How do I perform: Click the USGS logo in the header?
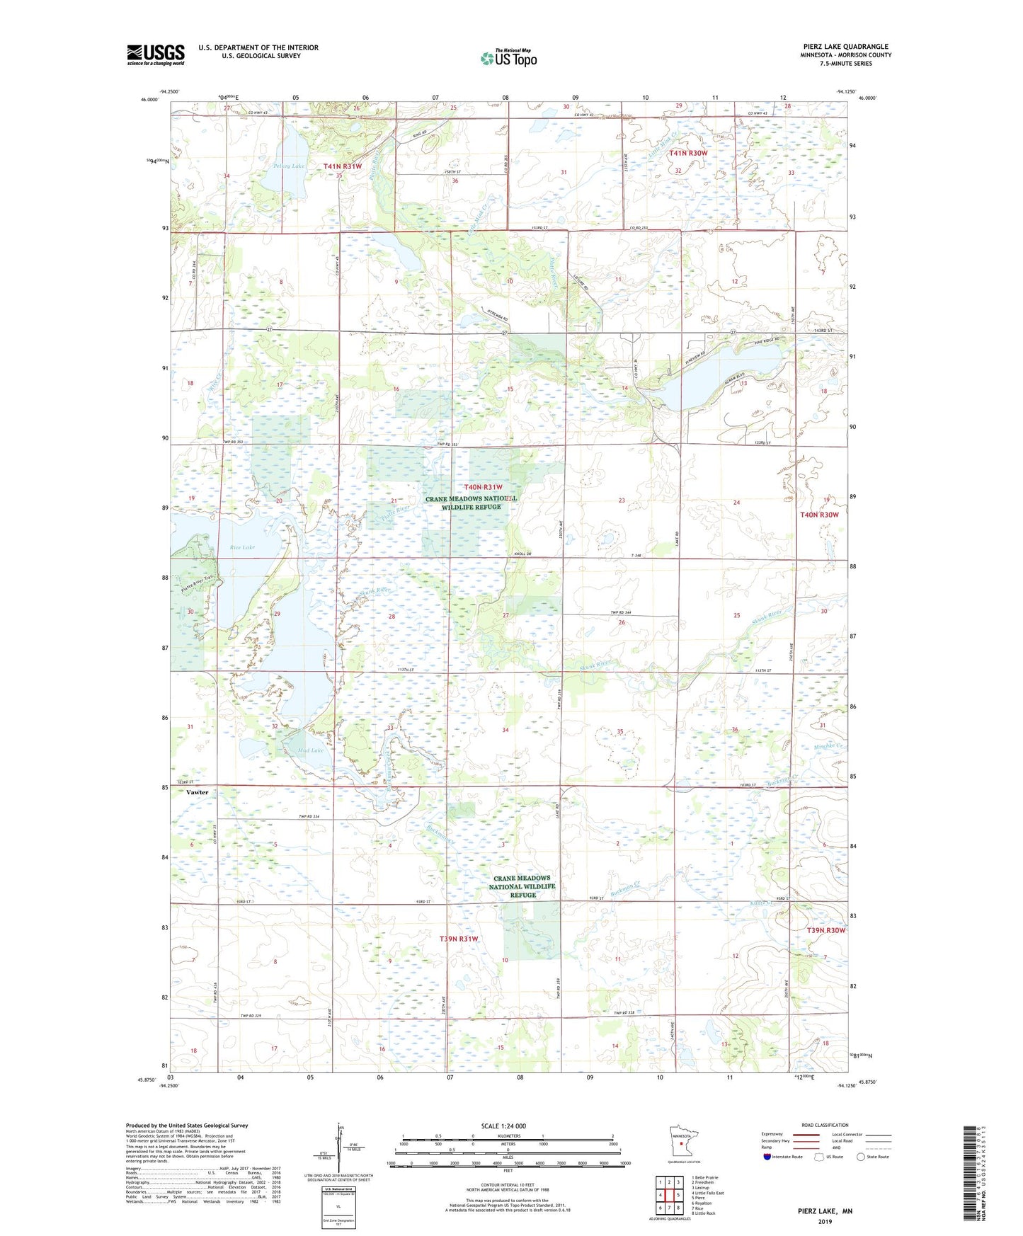(x=155, y=55)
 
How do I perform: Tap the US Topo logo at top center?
(x=508, y=58)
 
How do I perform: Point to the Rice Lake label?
(x=242, y=547)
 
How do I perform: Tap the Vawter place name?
(x=197, y=792)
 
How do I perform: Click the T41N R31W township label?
(x=343, y=166)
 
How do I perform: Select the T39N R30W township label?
(x=826, y=930)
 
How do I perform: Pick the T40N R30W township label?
(x=819, y=515)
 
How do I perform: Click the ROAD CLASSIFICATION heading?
(x=824, y=1125)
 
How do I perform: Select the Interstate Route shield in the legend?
(x=767, y=1157)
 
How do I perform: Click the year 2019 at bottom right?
(x=824, y=1221)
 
